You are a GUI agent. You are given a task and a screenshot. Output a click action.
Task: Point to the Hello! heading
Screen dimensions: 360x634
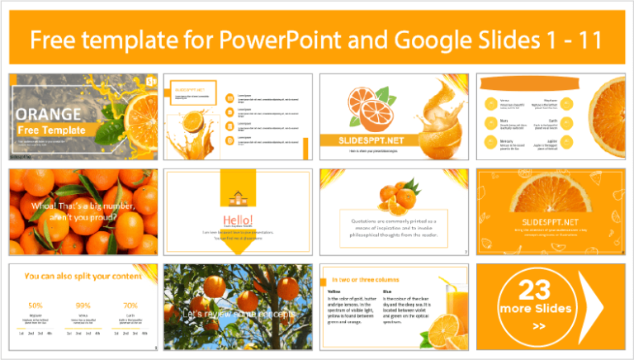[238, 219]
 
